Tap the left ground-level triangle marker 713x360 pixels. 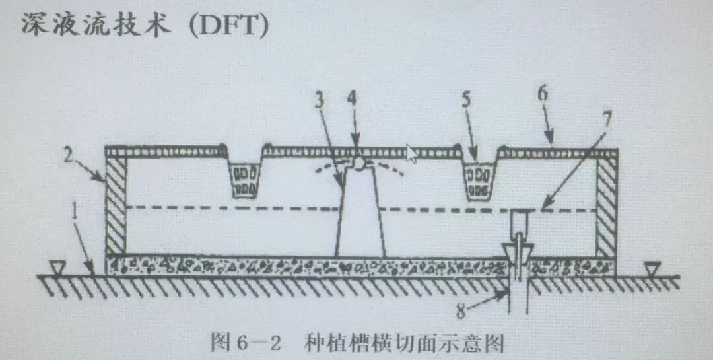coord(59,267)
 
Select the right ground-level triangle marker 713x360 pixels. coord(653,268)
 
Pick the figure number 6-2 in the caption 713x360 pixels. coord(257,343)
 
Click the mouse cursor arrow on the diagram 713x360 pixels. coord(413,153)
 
